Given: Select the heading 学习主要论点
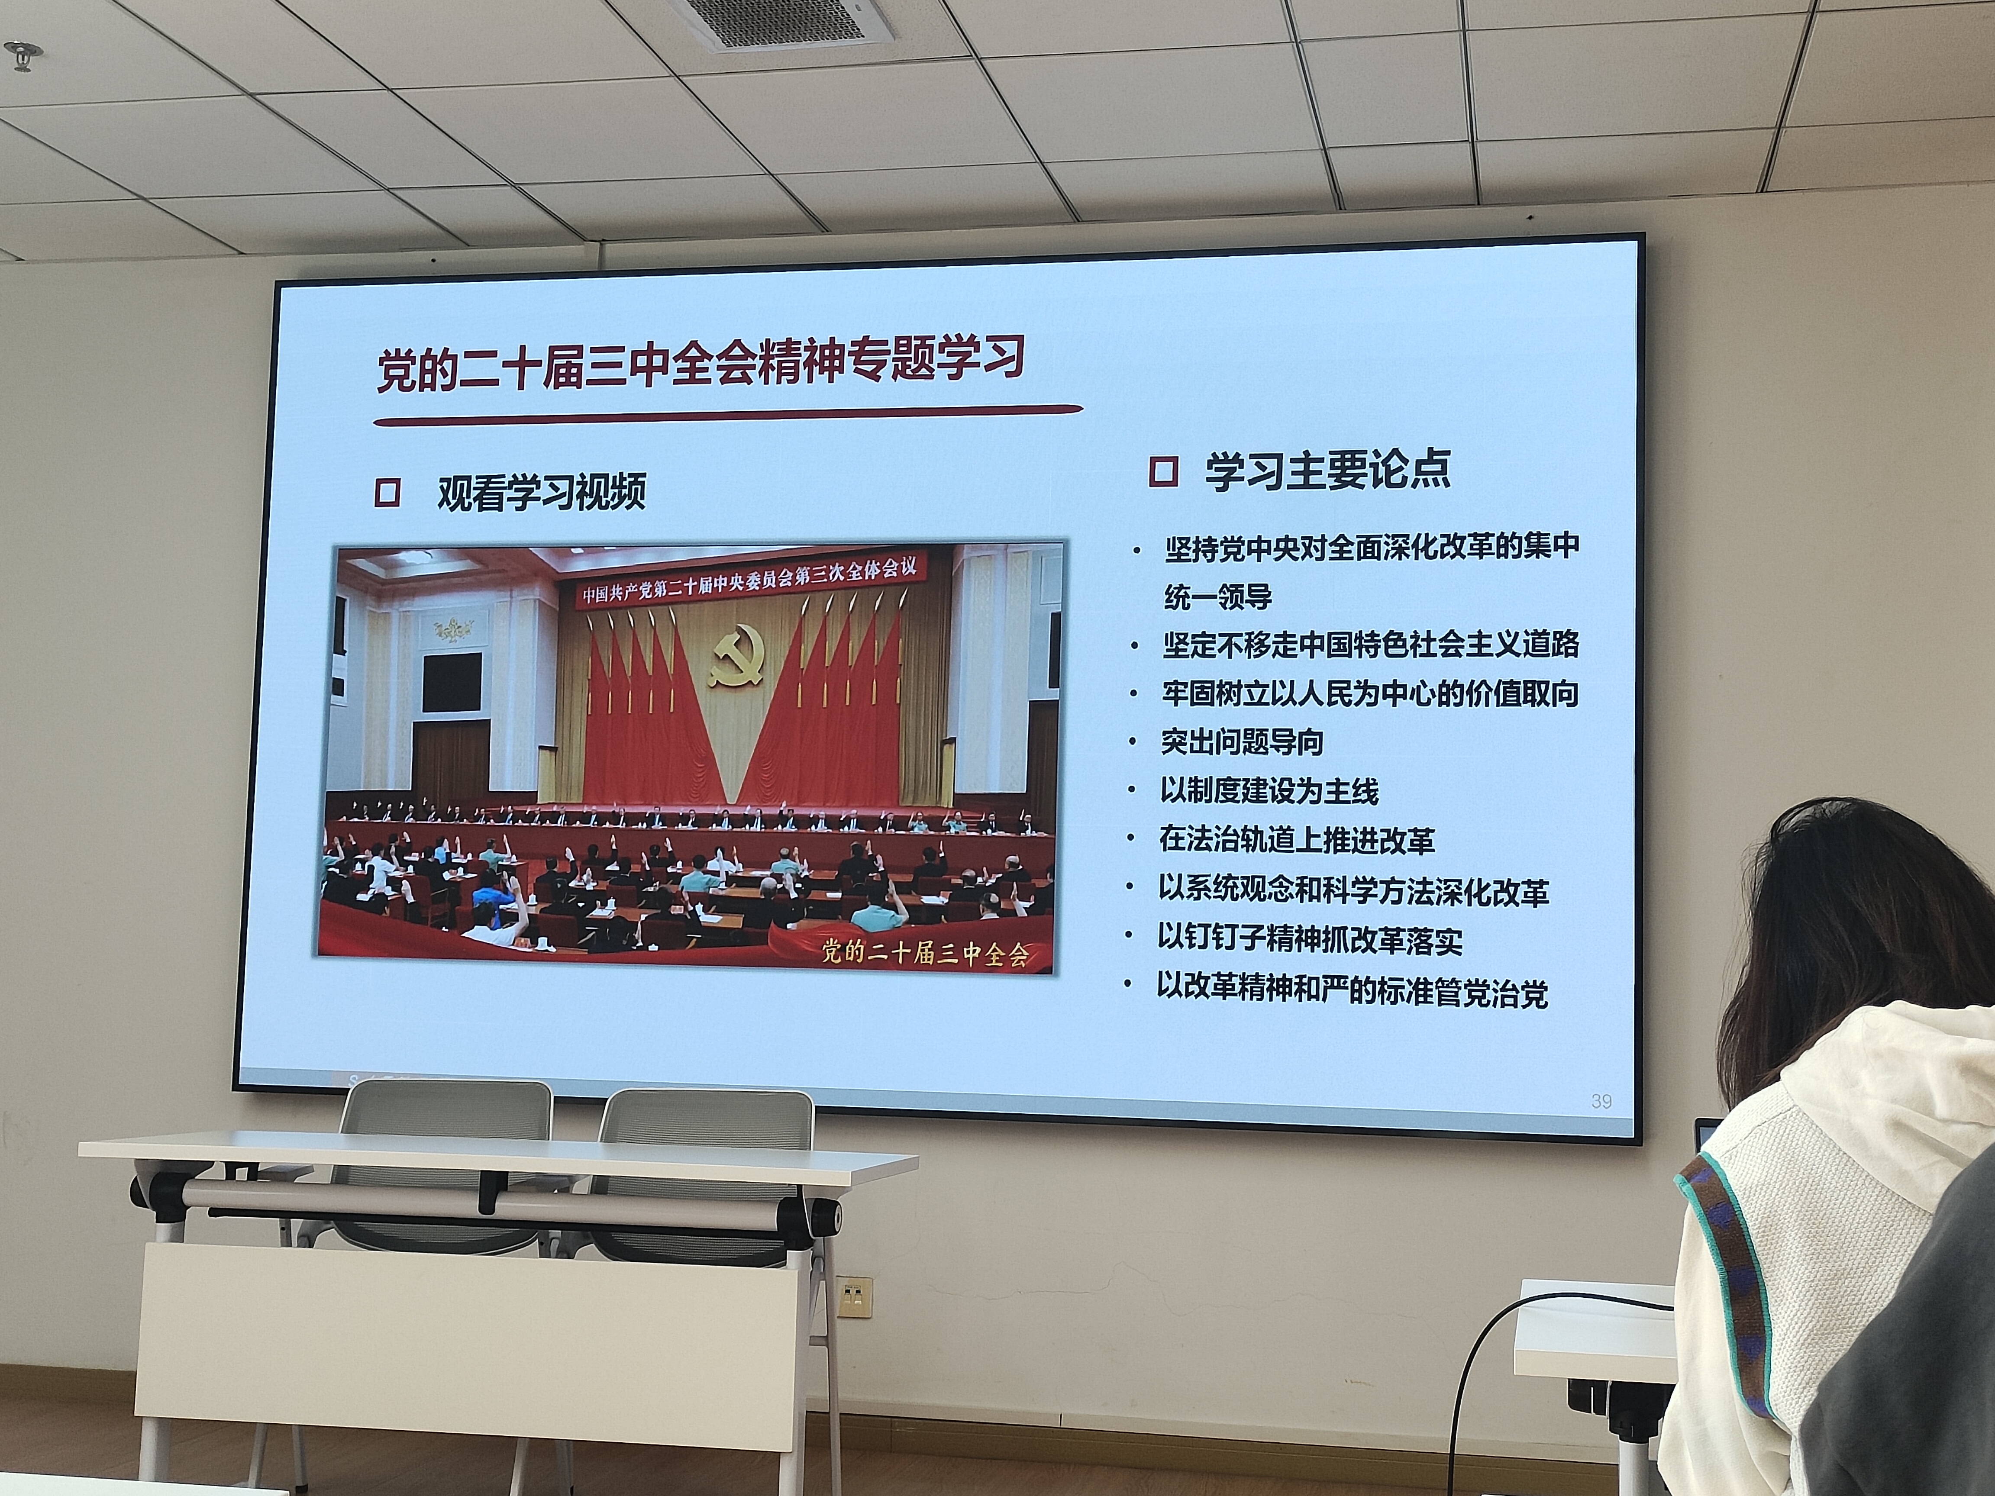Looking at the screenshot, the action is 1327,470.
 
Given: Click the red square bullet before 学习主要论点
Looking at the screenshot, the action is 1163,471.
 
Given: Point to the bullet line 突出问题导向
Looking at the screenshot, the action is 1242,742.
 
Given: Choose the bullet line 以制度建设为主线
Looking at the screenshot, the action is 1269,791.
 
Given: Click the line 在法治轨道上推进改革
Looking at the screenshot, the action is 1296,841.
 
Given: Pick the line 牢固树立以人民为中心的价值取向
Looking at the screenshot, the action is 1370,693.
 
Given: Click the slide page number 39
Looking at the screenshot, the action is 1601,1101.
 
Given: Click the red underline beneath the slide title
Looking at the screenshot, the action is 728,415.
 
